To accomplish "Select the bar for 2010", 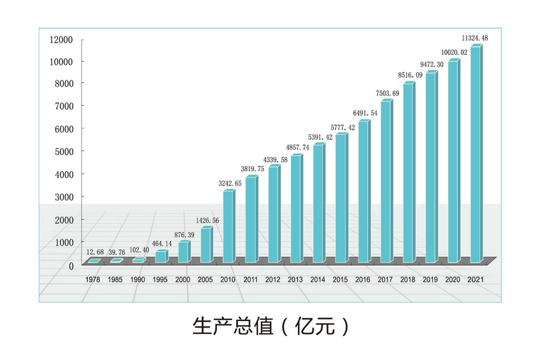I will coord(227,226).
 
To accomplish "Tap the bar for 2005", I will coord(205,246).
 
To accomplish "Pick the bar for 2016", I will coord(363,191).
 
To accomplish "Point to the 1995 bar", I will coord(160,256).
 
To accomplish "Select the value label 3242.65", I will coord(230,183).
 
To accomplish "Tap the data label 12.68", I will coord(93,253).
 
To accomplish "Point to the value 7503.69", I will coord(388,93).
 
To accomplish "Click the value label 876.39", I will coord(184,235).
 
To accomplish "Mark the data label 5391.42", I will coord(320,137).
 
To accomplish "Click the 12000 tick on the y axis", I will coord(62,39).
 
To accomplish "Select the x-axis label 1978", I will coord(92,279).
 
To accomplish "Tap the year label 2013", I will coord(295,279).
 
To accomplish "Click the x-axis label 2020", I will coord(453,279).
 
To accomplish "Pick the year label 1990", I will coord(137,279).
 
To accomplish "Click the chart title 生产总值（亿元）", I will coord(270,326).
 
